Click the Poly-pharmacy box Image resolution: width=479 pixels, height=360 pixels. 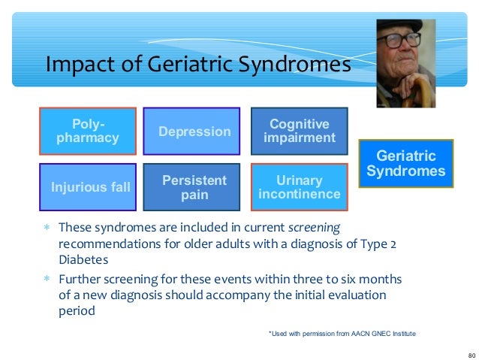(87, 131)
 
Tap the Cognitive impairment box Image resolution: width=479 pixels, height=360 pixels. (299, 131)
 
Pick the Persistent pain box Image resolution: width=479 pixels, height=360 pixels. (194, 187)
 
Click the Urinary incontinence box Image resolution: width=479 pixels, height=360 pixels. (299, 187)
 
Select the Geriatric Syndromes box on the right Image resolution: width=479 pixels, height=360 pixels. (405, 164)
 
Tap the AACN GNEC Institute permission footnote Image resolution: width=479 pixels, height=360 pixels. (342, 332)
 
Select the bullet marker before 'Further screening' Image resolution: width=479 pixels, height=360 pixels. (47, 278)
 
